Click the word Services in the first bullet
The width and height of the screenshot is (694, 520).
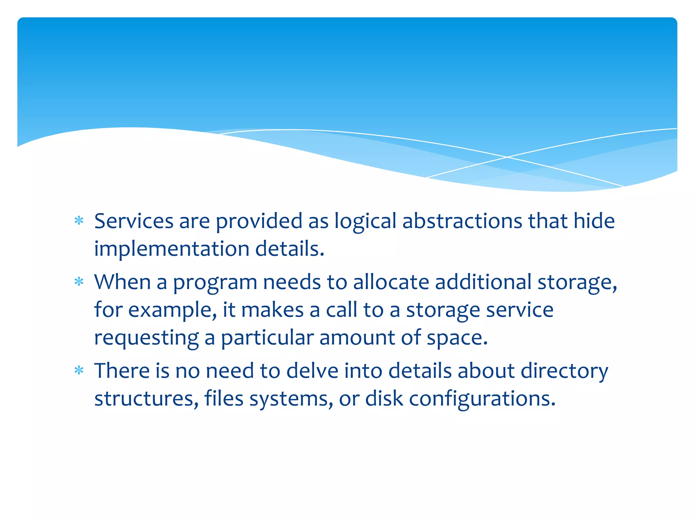point(134,221)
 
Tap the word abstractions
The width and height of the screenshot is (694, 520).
point(462,221)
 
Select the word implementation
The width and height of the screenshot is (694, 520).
point(171,249)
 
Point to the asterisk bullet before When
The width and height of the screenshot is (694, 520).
point(79,282)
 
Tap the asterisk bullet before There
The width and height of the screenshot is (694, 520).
point(79,371)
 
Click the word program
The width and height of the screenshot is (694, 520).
point(215,283)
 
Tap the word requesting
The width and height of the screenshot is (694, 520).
point(146,338)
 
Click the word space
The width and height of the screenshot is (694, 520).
point(457,338)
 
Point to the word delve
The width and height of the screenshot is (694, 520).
point(312,371)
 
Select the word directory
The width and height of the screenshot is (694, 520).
point(564,371)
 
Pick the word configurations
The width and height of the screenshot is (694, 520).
point(482,398)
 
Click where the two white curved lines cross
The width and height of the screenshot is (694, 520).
point(507,157)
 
